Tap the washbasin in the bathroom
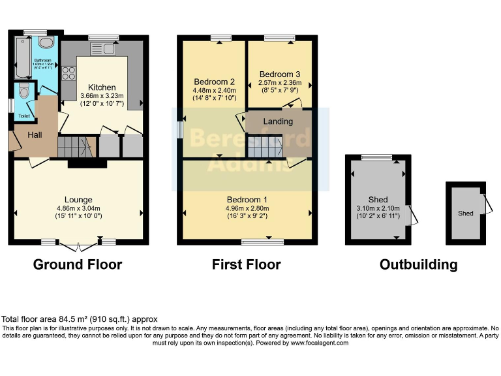(x=46, y=43)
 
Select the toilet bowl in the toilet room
(x=24, y=92)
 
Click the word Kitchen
(x=102, y=87)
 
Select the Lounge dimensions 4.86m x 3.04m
(x=78, y=208)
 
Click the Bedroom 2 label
(x=213, y=82)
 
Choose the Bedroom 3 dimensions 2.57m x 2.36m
(x=281, y=83)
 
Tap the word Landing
(x=278, y=121)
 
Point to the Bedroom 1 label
(x=247, y=199)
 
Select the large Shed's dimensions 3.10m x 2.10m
(x=378, y=208)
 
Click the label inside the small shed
(x=465, y=213)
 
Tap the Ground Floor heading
(x=78, y=264)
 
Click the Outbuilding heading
(x=418, y=264)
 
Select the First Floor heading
(x=246, y=264)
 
